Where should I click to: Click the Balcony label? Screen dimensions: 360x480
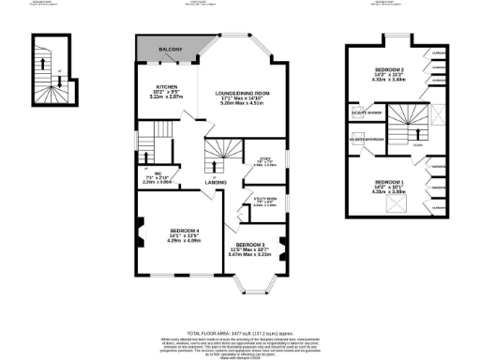(x=170, y=48)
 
